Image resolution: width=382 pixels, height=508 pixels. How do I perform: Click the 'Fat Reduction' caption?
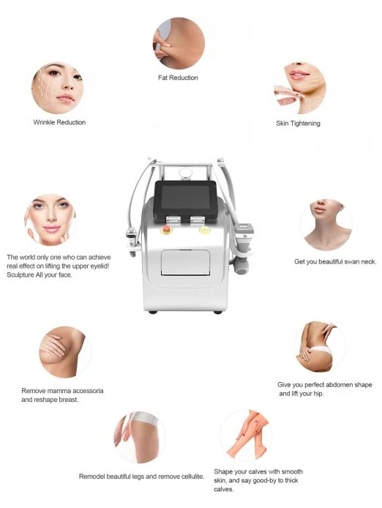[x=178, y=78]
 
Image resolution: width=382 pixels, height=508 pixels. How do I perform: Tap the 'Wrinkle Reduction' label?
[x=59, y=122]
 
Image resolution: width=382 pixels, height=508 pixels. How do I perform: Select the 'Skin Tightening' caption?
[x=298, y=124]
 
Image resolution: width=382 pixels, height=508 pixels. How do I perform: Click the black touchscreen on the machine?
[x=185, y=198]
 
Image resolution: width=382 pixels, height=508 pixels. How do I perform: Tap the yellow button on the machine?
[x=205, y=231]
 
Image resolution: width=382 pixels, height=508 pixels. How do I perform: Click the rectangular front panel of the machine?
[x=185, y=263]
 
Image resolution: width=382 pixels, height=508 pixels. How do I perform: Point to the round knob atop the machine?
[x=185, y=173]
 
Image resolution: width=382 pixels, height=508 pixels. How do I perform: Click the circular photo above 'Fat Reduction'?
[x=179, y=43]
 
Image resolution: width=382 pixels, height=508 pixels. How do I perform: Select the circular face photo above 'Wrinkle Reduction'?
[x=58, y=88]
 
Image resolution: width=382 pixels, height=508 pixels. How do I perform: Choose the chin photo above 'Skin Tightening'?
[x=300, y=88]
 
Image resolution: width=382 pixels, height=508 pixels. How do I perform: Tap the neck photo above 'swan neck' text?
[x=326, y=225]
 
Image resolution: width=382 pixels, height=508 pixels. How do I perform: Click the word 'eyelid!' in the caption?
[x=99, y=266]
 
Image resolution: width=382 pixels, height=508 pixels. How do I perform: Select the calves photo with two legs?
[x=246, y=435]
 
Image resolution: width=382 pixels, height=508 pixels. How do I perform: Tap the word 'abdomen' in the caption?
[x=340, y=385]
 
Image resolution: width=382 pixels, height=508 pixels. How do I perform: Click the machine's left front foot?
[x=153, y=312]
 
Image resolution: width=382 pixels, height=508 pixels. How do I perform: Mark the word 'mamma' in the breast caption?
[x=62, y=391]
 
